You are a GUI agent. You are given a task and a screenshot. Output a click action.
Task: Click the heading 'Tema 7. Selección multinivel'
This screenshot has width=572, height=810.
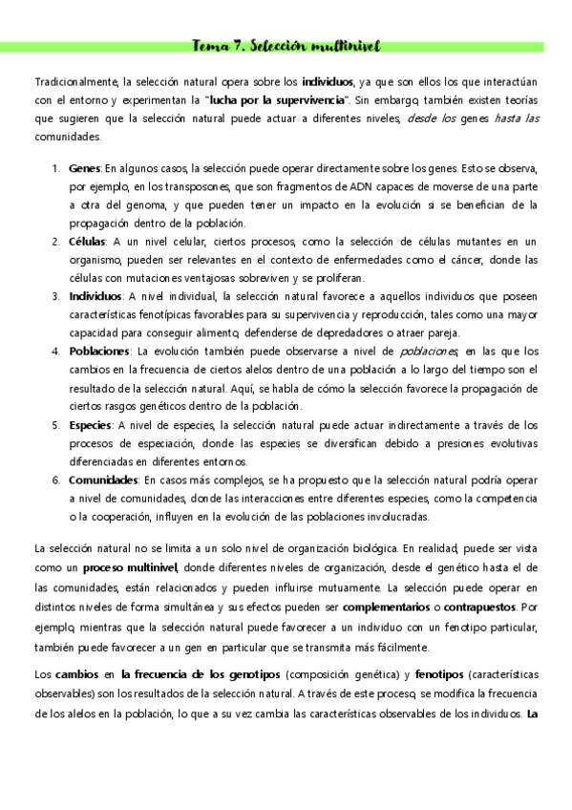click(x=286, y=45)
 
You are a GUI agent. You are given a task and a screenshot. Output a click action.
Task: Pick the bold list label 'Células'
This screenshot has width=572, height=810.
click(x=88, y=242)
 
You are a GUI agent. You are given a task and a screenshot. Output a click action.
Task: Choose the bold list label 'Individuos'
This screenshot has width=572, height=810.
click(x=95, y=296)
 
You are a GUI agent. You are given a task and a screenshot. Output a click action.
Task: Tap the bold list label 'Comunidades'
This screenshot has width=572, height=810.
click(x=104, y=480)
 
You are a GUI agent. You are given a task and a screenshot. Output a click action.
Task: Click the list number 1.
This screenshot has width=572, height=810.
click(x=55, y=168)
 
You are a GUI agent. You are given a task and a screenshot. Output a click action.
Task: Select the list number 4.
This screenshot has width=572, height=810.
click(x=55, y=352)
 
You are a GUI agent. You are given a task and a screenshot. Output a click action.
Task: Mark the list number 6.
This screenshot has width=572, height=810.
click(x=55, y=480)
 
